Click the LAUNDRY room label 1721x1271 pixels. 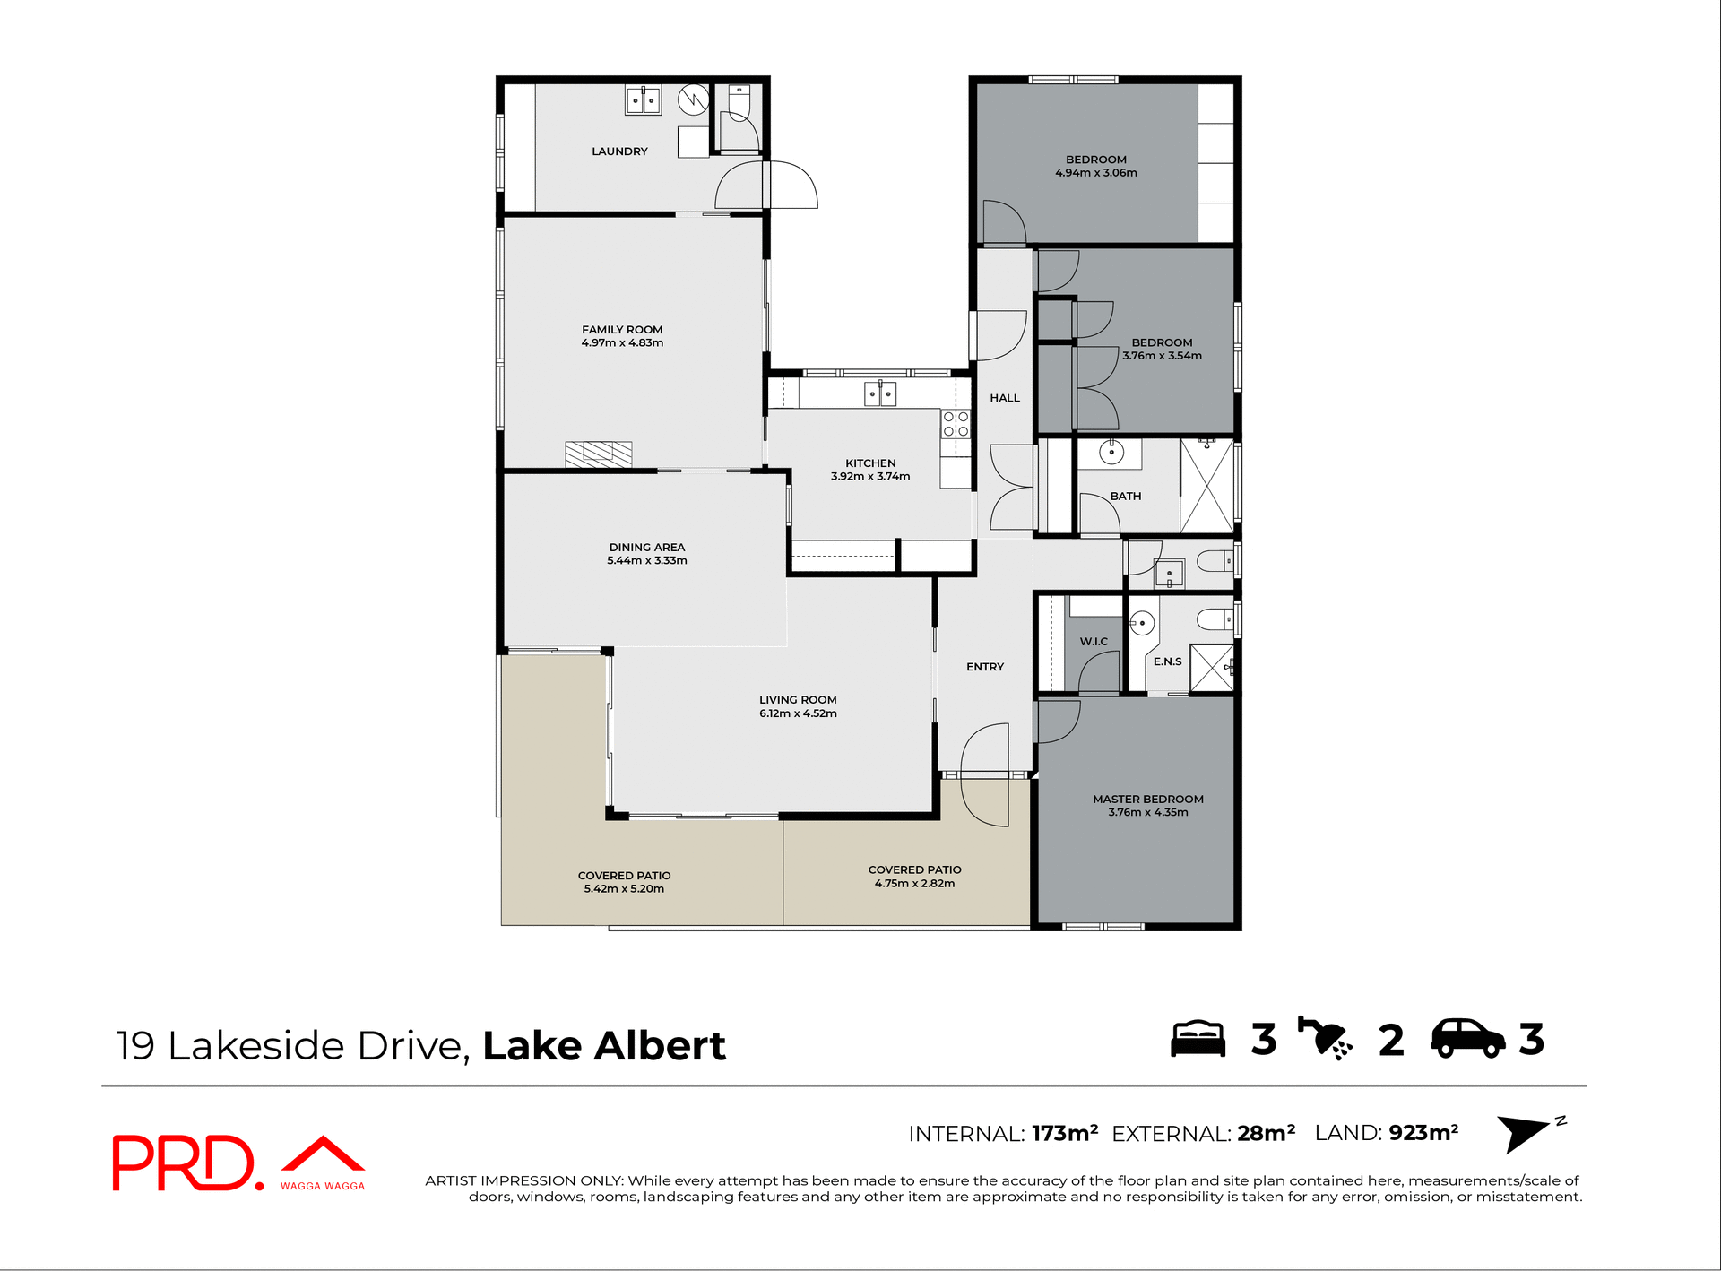point(619,151)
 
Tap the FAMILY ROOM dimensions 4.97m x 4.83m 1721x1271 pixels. point(622,343)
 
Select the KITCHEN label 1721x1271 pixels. point(870,463)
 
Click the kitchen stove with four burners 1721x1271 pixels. point(956,424)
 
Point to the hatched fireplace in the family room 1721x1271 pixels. point(598,454)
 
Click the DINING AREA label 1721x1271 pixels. point(646,548)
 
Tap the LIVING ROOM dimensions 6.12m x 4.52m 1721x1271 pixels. point(798,713)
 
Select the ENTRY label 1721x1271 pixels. point(984,667)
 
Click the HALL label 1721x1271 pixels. point(1005,398)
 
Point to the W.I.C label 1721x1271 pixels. point(1094,642)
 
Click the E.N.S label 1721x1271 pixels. point(1167,661)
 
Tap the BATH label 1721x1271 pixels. point(1126,497)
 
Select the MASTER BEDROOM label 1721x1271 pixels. point(1147,800)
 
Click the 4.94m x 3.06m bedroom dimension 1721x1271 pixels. point(1095,173)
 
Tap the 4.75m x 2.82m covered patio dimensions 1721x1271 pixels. point(914,884)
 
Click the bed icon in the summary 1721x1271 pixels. point(1198,1040)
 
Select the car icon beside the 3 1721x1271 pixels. point(1467,1040)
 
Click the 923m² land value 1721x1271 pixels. point(1423,1133)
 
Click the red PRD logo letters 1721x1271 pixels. point(184,1163)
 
